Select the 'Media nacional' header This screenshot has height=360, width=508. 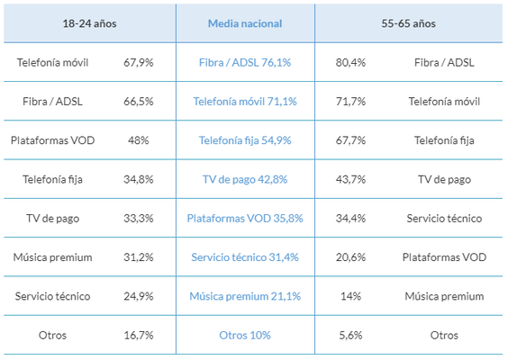pos(245,23)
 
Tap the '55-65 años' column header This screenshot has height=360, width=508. pos(408,23)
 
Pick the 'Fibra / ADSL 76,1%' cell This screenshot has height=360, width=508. pos(245,62)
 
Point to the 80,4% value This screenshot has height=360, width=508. pos(350,62)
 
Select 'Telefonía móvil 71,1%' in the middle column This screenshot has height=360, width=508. pos(245,102)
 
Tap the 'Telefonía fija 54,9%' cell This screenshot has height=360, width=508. pos(245,140)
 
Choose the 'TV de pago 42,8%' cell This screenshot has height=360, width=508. pos(245,179)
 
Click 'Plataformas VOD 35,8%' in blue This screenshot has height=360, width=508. pos(245,218)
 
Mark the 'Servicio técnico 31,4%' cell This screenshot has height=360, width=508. pos(245,257)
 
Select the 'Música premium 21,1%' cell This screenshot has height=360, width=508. pos(245,296)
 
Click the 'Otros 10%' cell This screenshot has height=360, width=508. pos(245,335)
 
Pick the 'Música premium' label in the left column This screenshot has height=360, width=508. pos(52,257)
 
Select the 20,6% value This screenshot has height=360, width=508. pos(350,257)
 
